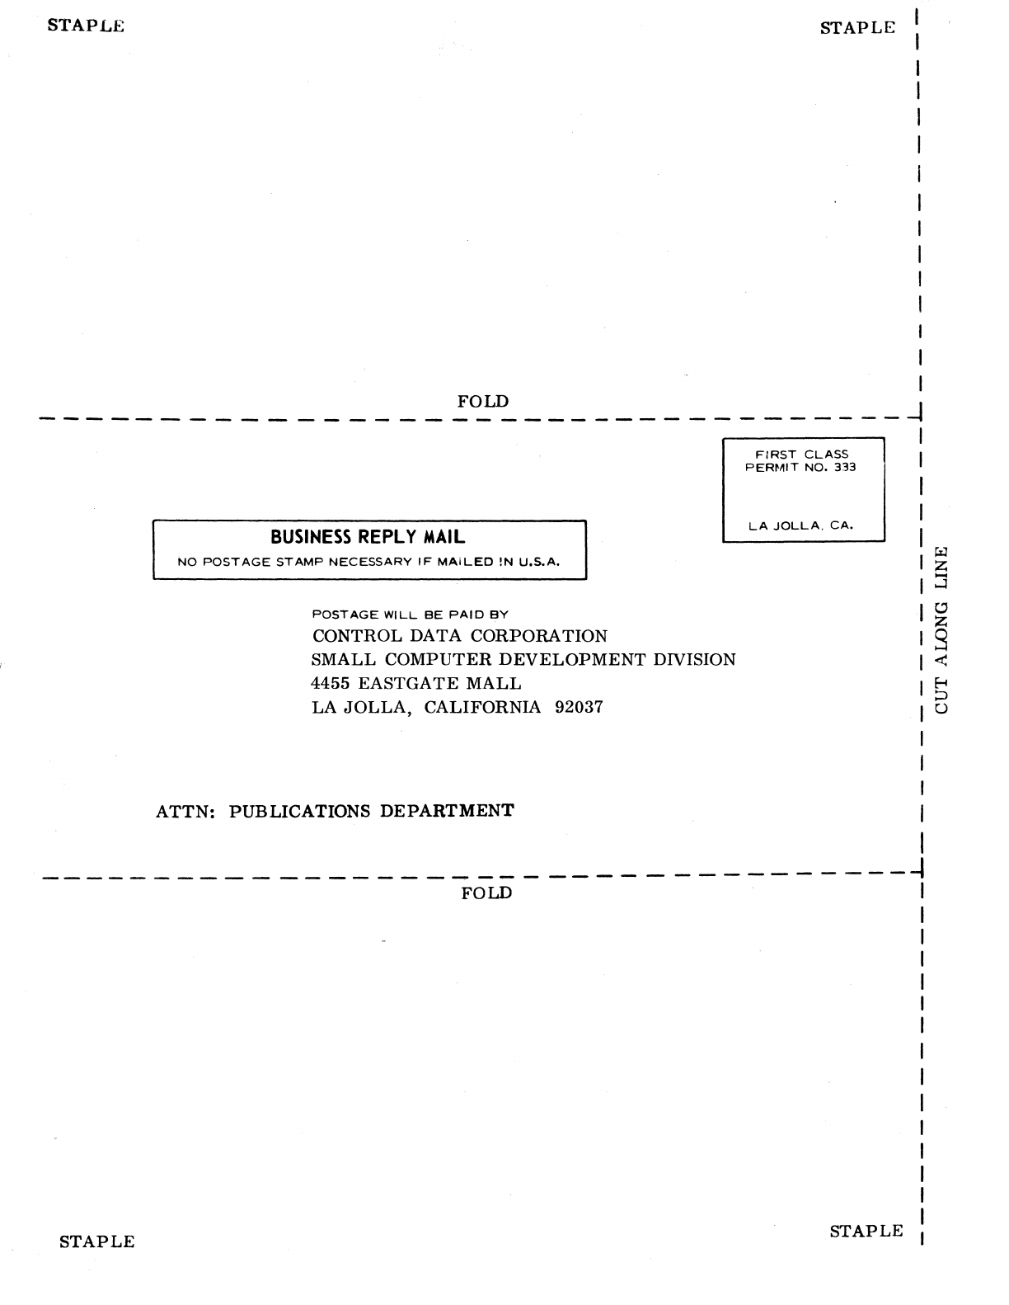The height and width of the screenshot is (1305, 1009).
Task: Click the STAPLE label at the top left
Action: (86, 26)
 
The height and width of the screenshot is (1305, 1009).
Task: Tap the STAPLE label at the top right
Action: (857, 28)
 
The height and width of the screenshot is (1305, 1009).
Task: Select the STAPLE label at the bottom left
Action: (96, 1241)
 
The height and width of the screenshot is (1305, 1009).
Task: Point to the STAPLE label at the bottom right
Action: (866, 1232)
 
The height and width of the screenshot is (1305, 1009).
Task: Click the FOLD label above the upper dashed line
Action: (483, 402)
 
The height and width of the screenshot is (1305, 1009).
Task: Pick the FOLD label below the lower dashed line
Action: (486, 893)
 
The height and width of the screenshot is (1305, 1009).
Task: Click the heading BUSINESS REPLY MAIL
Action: (368, 537)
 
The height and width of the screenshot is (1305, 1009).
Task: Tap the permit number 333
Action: (844, 467)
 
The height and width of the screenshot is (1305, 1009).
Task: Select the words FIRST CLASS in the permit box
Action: (802, 455)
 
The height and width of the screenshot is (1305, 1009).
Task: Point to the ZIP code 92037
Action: (579, 707)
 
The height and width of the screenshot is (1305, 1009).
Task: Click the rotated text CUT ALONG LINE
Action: (941, 629)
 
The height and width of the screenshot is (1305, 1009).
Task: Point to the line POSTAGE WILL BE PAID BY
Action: (410, 615)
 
